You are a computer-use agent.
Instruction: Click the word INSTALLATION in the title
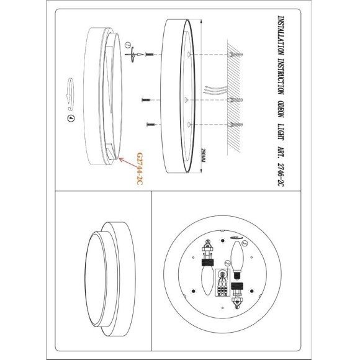(x=281, y=35)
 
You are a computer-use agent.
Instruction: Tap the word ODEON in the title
(x=281, y=109)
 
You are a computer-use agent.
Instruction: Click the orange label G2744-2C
(x=140, y=169)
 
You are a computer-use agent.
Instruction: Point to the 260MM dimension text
(x=203, y=155)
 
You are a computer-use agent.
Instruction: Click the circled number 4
(x=71, y=119)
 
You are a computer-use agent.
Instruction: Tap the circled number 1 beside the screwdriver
(x=128, y=45)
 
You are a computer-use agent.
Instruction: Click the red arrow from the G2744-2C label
(x=127, y=163)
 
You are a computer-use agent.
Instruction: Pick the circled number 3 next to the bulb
(x=245, y=243)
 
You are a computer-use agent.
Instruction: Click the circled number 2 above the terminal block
(x=228, y=263)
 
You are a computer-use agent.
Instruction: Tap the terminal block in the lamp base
(x=222, y=282)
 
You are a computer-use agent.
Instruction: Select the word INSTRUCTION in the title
(x=281, y=76)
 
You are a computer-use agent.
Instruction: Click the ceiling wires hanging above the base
(x=215, y=89)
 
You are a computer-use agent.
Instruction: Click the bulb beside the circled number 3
(x=236, y=256)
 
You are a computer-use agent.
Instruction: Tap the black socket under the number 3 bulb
(x=237, y=286)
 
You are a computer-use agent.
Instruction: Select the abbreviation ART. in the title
(x=281, y=152)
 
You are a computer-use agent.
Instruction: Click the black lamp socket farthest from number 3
(x=207, y=262)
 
